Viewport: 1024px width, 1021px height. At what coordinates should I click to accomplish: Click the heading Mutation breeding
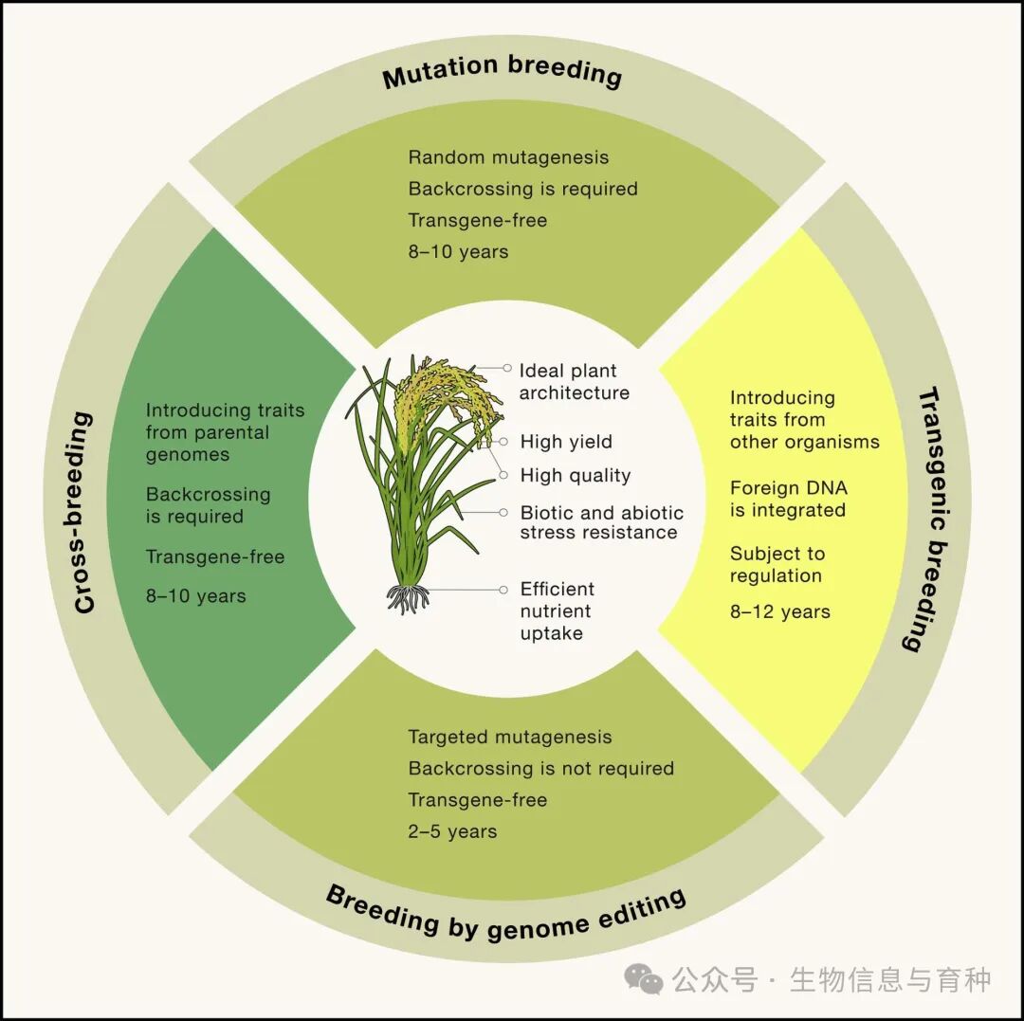(x=502, y=72)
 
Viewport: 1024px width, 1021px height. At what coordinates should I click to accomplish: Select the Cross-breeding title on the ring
(x=84, y=512)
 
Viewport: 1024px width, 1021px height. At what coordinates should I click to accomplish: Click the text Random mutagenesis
(x=508, y=157)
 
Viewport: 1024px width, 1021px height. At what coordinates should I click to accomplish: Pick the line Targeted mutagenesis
(x=510, y=737)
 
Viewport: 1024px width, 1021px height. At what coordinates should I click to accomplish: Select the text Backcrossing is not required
(x=540, y=768)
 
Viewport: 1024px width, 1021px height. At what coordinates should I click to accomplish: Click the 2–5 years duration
(x=452, y=831)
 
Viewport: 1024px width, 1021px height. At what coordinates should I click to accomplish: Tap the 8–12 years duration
(x=779, y=611)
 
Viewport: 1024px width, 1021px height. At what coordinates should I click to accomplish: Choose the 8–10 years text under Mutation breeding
(x=458, y=251)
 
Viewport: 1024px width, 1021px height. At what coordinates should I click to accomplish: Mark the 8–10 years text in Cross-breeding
(x=195, y=596)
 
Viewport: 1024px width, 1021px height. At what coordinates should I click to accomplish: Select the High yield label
(x=566, y=442)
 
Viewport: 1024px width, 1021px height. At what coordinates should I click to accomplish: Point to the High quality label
(x=575, y=475)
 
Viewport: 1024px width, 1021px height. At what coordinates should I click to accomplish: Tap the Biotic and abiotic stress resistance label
(x=601, y=522)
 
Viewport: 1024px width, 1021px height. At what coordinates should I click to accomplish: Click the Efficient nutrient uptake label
(x=557, y=611)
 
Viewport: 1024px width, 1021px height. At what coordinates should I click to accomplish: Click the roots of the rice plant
(x=408, y=597)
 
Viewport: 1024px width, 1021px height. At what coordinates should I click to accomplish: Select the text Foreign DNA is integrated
(x=788, y=499)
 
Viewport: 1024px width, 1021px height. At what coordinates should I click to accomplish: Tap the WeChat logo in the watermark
(x=646, y=980)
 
